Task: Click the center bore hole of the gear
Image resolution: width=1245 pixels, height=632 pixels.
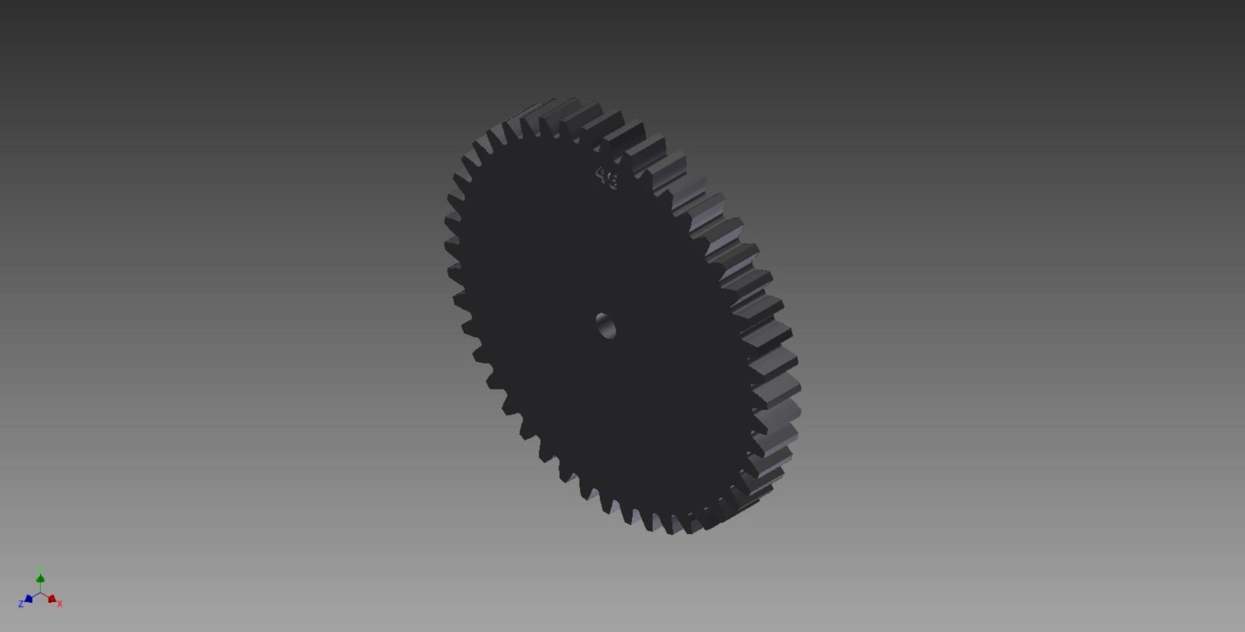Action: pos(605,325)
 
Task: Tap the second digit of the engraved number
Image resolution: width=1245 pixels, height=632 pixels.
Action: pos(612,180)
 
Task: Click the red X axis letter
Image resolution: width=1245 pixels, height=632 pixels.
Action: pos(60,604)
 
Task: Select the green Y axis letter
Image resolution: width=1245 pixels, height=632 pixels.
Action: pos(40,569)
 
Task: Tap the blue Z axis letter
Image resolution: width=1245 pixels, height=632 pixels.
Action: pos(21,604)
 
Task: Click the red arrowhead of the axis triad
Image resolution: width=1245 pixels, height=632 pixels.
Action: pos(52,599)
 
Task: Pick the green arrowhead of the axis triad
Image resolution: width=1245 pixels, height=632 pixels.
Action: pos(40,578)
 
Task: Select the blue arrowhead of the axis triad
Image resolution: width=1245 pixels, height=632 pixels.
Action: pos(29,599)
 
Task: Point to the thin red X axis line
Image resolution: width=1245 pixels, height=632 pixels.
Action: pos(46,596)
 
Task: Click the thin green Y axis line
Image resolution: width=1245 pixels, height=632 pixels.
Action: pos(40,587)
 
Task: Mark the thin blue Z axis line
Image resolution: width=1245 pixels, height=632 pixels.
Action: pos(35,596)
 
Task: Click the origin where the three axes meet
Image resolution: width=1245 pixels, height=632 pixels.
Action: pos(40,592)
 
